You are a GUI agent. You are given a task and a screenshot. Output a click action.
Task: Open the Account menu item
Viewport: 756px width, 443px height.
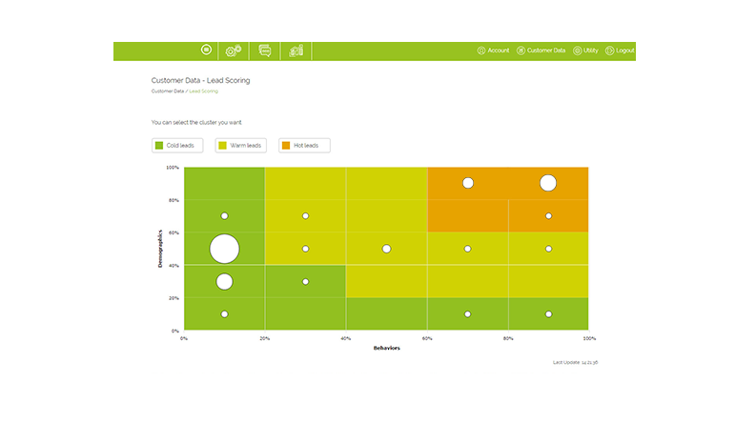pos(494,50)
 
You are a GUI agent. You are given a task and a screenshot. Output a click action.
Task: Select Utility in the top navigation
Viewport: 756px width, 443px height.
pos(587,50)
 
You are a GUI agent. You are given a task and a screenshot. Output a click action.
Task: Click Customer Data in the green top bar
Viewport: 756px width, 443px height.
pos(541,50)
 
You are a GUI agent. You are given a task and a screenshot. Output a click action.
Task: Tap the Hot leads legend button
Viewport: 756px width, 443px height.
pos(304,146)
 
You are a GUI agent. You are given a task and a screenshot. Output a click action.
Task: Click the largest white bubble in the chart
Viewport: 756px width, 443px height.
pos(224,249)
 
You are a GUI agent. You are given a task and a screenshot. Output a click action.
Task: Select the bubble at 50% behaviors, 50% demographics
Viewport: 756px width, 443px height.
pos(386,249)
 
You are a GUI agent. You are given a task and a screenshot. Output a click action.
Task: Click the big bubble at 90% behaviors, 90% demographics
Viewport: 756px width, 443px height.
pos(548,183)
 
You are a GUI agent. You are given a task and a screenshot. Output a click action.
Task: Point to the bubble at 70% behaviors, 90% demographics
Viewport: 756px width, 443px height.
pos(467,183)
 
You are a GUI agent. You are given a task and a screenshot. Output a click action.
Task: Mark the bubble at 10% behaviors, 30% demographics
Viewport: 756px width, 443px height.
pos(224,281)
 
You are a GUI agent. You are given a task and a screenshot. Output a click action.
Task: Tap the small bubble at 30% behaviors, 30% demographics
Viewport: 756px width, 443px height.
pos(305,281)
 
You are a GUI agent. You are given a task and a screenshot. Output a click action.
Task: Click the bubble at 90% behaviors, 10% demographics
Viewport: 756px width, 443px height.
pos(548,313)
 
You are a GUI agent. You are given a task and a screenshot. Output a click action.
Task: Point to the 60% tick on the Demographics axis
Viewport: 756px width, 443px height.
pos(174,232)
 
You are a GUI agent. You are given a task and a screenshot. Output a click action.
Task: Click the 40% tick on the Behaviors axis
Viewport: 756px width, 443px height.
pos(346,337)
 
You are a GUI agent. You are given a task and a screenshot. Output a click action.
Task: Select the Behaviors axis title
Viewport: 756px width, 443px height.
pos(386,349)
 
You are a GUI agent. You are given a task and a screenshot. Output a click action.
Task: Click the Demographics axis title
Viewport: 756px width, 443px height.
pos(160,249)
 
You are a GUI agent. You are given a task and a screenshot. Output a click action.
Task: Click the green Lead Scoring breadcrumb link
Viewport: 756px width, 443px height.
pos(204,91)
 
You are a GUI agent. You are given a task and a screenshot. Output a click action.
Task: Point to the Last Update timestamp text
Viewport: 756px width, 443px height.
pos(582,363)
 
